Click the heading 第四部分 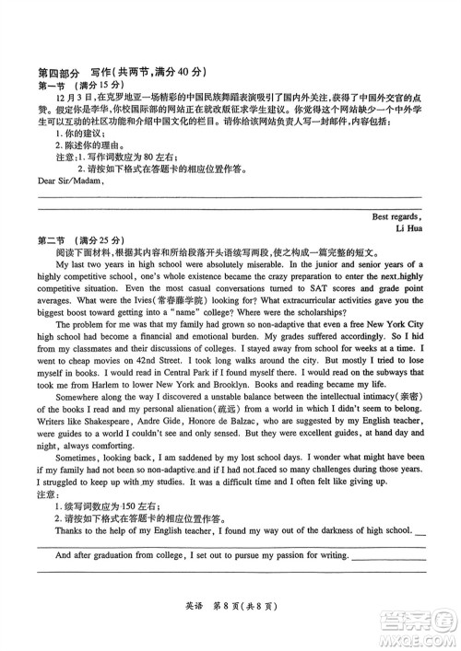click(x=53, y=72)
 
